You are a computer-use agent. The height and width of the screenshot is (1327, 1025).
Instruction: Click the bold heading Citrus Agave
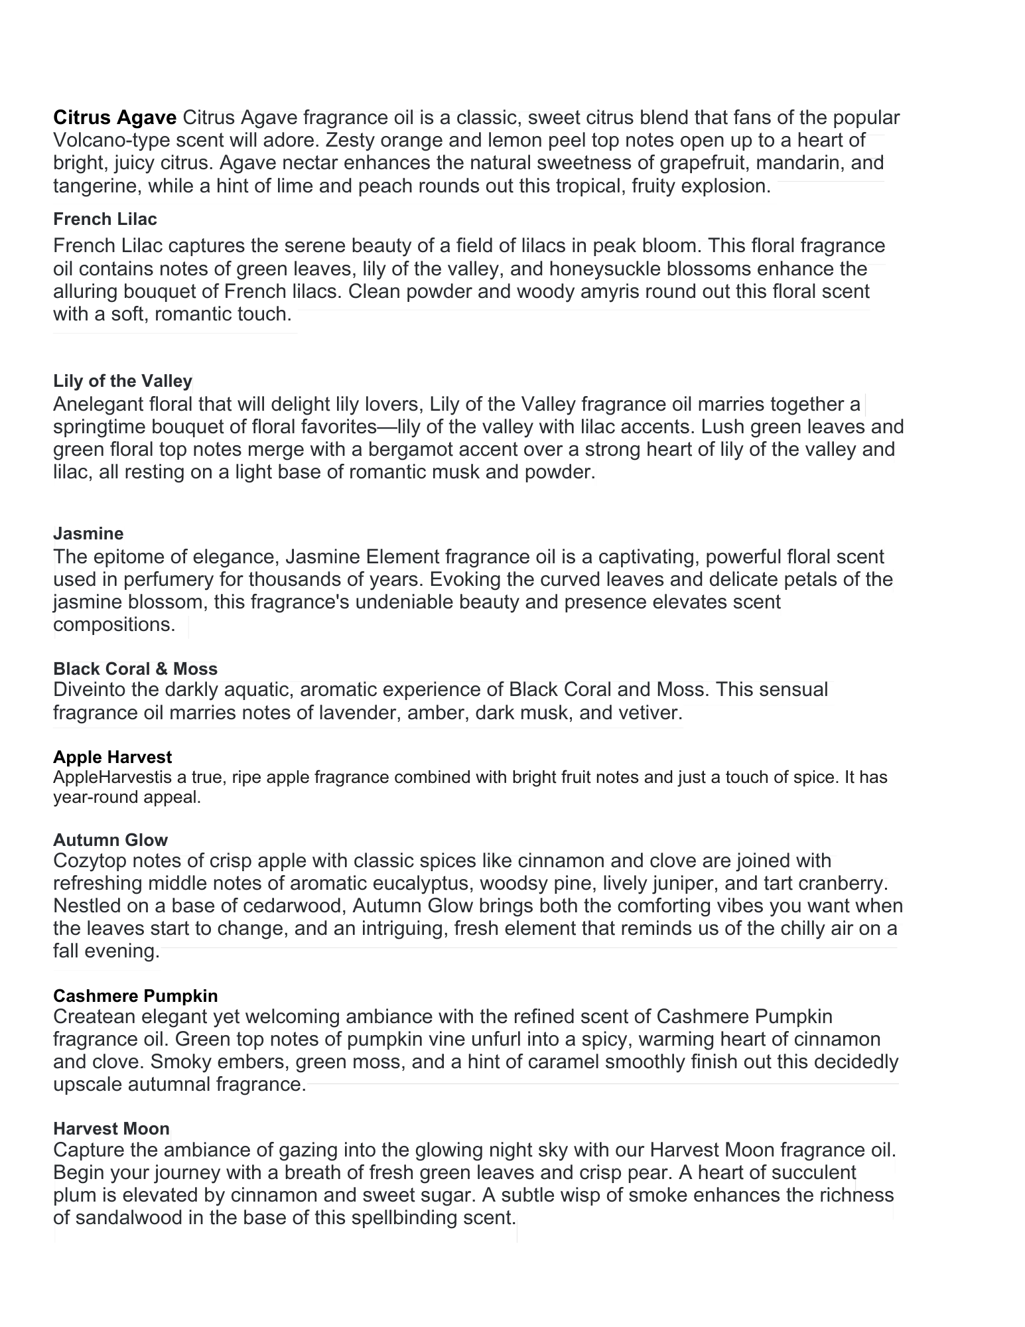[x=115, y=118]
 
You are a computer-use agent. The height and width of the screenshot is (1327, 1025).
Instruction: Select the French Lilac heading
[x=105, y=219]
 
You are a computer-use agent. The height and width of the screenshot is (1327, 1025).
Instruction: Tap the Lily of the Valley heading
[x=123, y=381]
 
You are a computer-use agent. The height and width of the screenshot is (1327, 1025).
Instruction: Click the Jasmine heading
[x=88, y=533]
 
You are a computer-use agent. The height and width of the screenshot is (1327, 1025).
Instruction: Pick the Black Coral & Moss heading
[x=135, y=669]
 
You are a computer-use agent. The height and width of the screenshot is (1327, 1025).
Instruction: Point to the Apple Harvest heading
[x=112, y=757]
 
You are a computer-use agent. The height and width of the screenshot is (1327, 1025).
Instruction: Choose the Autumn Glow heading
[x=110, y=840]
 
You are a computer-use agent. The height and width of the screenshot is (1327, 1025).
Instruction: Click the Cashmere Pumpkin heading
[x=135, y=996]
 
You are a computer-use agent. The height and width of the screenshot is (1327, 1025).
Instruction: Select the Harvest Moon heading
[x=111, y=1129]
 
